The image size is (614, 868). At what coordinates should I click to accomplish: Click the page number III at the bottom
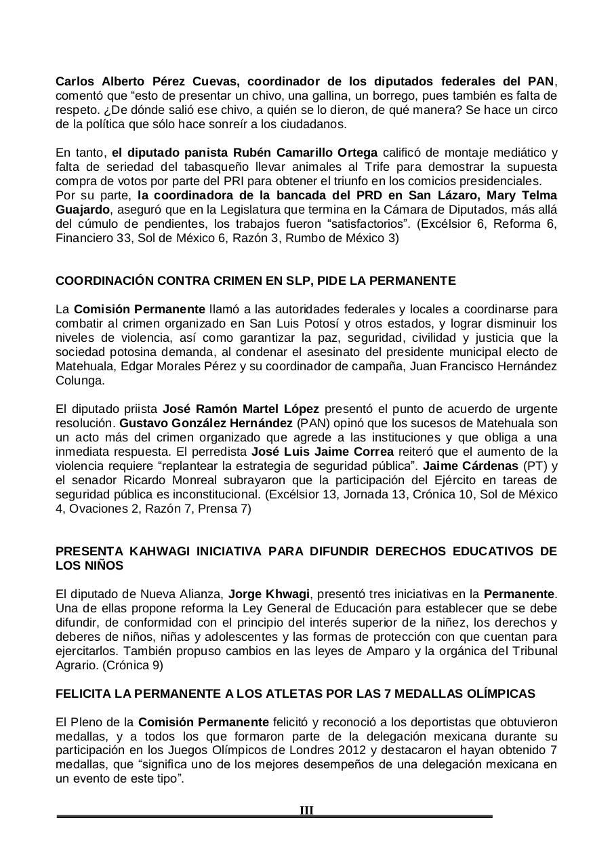pos(306,810)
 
